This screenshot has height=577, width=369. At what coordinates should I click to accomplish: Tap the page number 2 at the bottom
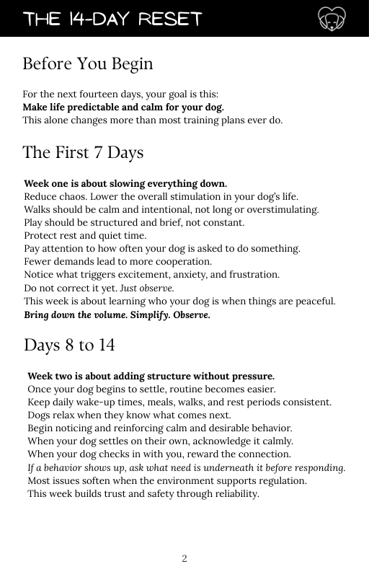[x=184, y=558]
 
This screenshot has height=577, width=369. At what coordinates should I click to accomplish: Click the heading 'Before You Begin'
[x=88, y=63]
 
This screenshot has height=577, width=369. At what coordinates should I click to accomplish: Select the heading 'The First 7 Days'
[x=83, y=153]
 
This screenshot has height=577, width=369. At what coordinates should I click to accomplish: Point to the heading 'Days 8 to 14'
[x=69, y=345]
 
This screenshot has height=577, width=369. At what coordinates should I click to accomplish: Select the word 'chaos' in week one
[x=76, y=197]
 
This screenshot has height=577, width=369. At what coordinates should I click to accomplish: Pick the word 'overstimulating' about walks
[x=283, y=210]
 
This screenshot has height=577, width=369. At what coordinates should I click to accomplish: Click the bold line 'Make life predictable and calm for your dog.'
[x=123, y=107]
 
